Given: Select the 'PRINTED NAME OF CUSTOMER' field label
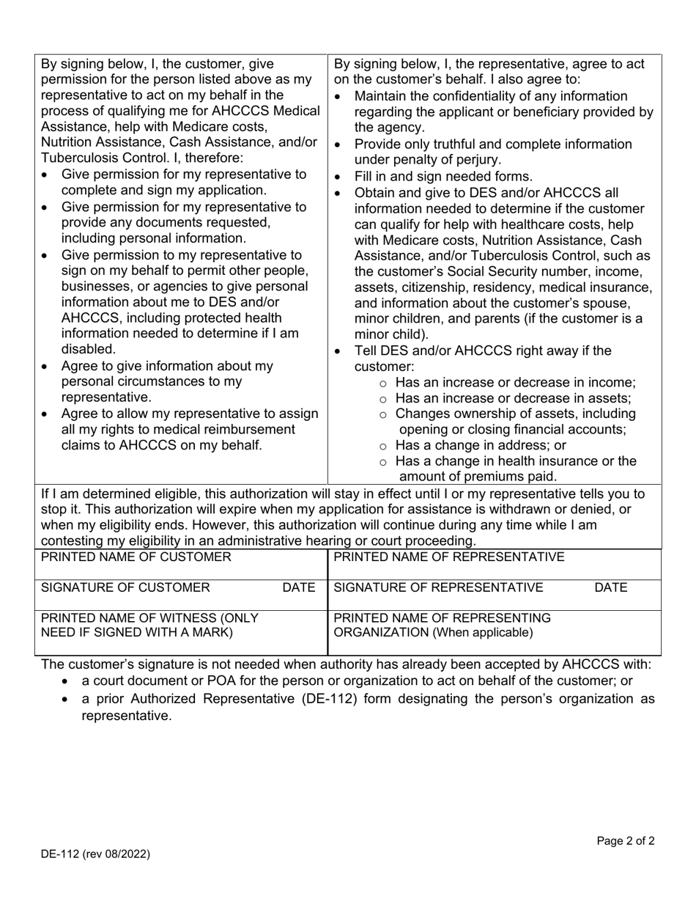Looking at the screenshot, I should (136, 557).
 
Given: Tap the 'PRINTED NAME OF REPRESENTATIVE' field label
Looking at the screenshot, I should (449, 557).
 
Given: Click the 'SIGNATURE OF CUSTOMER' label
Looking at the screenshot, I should (125, 587).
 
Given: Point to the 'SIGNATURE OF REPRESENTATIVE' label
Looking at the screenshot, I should (438, 587).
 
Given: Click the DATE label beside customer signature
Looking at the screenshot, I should (299, 587).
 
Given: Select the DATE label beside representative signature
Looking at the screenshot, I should (610, 587).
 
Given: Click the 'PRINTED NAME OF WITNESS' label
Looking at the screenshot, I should (139, 617).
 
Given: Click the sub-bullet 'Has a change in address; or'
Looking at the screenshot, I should (481, 445).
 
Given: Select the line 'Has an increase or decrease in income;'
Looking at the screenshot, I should (515, 382).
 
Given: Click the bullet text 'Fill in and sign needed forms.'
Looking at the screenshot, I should (443, 176).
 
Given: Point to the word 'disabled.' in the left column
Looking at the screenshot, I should (89, 349).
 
